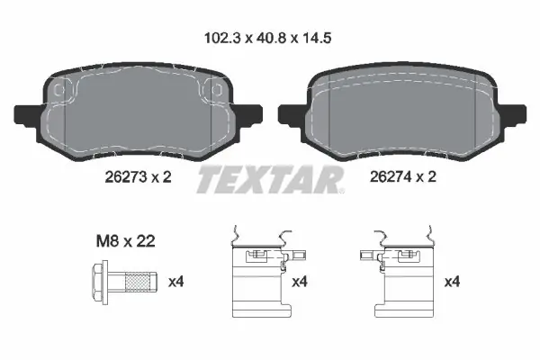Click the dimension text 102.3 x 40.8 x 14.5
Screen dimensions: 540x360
[x=268, y=38]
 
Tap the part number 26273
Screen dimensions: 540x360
[x=126, y=177]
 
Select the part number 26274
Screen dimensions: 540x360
[x=391, y=176]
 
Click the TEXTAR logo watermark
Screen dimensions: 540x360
[x=270, y=179]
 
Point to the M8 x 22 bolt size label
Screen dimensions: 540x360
[x=125, y=241]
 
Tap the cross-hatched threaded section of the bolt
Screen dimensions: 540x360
[x=138, y=282]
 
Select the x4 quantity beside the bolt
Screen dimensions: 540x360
[x=176, y=282]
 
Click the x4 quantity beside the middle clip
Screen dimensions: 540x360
[x=300, y=282]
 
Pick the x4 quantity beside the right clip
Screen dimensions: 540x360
[x=452, y=282]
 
